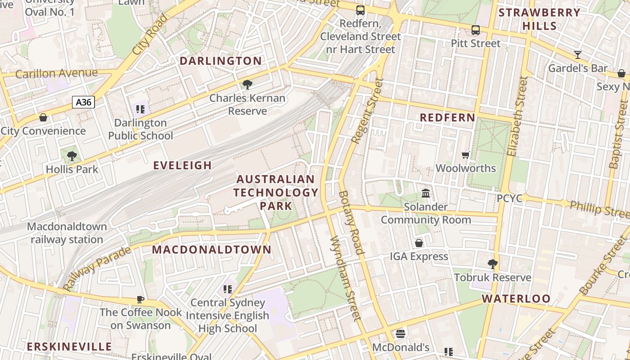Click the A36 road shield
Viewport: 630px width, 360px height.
[x=83, y=102]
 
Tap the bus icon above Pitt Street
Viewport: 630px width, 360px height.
[x=476, y=30]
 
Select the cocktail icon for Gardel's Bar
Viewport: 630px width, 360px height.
[x=578, y=55]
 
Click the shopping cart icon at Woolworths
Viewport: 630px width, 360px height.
[x=466, y=155]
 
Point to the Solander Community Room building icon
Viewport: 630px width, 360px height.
[x=426, y=193]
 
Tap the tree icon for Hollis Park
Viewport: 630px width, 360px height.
[x=72, y=156]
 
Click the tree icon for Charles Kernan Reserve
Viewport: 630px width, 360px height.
[x=247, y=84]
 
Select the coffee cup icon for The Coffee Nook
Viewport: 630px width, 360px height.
[x=140, y=299]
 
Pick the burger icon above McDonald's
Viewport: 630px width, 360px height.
[x=400, y=334]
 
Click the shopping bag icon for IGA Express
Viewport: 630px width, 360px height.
[x=419, y=243]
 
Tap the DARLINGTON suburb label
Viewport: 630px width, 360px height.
[x=220, y=61]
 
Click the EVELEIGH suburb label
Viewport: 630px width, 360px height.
[x=182, y=165]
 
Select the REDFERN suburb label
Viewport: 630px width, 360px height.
[x=447, y=117]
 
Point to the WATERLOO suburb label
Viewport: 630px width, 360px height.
[x=516, y=299]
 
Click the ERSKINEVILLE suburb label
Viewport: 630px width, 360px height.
[x=69, y=346]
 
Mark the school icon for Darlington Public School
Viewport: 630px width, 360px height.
[x=140, y=109]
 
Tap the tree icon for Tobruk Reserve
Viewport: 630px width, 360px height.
[x=493, y=264]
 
